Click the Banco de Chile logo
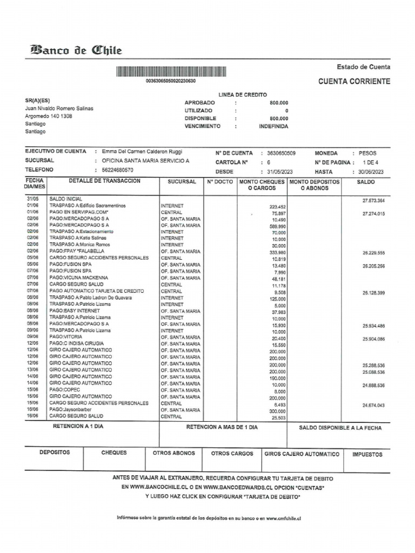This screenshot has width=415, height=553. click(x=76, y=51)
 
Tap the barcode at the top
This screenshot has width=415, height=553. click(x=170, y=71)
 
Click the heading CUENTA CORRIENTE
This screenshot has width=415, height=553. click(x=354, y=82)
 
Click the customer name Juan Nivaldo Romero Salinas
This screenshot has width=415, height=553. click(x=59, y=109)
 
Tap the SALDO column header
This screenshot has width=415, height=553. click(x=366, y=183)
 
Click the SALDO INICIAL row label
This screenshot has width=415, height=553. click(x=66, y=199)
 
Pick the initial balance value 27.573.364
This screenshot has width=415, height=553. click(x=374, y=201)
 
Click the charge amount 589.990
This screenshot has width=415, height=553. click(x=277, y=226)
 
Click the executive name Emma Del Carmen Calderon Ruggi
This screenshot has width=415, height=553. click(x=138, y=152)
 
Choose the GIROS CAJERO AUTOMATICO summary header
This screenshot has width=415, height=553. click(x=302, y=454)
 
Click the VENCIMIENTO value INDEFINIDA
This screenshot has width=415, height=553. click(x=273, y=126)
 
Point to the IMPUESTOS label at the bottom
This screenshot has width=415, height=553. click(x=367, y=455)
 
